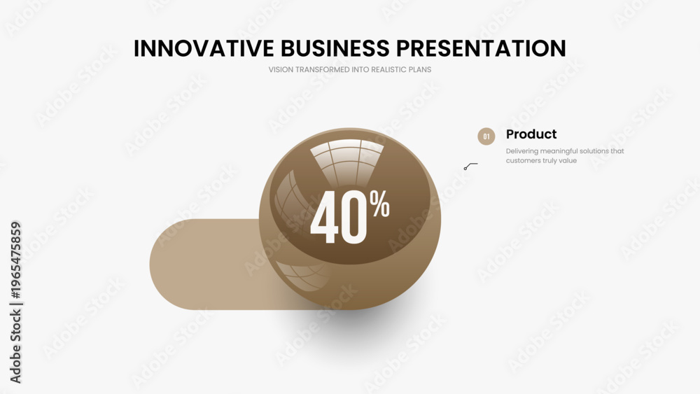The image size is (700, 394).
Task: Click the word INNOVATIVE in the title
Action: point(204,48)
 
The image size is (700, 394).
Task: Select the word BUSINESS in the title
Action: point(335,48)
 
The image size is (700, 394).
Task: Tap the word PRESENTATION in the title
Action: point(482,48)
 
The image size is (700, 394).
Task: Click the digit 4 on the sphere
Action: point(324,218)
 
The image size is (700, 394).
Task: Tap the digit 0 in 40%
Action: point(354,218)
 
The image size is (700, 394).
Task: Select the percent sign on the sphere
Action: point(379,203)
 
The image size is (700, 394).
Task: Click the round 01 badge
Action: point(486,136)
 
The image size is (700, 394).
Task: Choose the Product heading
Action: point(531,134)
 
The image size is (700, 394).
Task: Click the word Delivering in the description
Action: point(522,151)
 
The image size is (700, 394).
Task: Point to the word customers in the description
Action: point(523,161)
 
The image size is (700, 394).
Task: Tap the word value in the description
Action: point(568,161)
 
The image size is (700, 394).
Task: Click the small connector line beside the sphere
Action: point(470,166)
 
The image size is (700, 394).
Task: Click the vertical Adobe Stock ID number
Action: point(15,260)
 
